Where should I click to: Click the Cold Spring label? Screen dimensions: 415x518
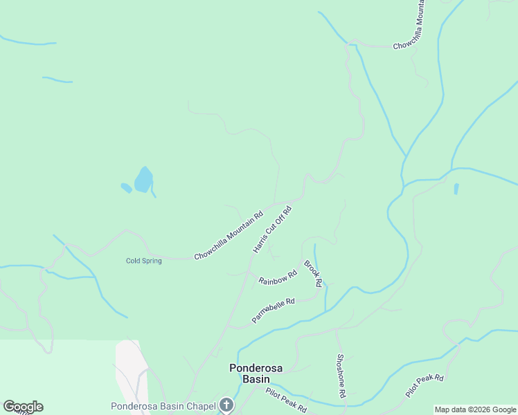[143, 261]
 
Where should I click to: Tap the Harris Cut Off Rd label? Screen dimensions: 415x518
[272, 229]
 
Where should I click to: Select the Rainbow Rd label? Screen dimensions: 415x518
[277, 277]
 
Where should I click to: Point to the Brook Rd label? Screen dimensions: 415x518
[313, 273]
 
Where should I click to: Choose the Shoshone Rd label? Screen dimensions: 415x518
[341, 376]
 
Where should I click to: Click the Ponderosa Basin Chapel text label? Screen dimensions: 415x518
[163, 405]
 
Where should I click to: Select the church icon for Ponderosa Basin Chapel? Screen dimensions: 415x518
[226, 405]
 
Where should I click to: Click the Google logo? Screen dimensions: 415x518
[24, 407]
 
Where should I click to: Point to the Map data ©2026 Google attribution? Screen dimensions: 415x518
[474, 409]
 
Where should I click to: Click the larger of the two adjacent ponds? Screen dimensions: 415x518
[143, 180]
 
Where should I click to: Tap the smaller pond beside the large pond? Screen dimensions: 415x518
[126, 187]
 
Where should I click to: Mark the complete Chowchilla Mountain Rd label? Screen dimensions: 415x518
[229, 235]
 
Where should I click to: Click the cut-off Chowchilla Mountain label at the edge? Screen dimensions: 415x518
[409, 25]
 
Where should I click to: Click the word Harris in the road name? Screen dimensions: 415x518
[261, 241]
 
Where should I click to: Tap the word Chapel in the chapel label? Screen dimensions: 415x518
[203, 405]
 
